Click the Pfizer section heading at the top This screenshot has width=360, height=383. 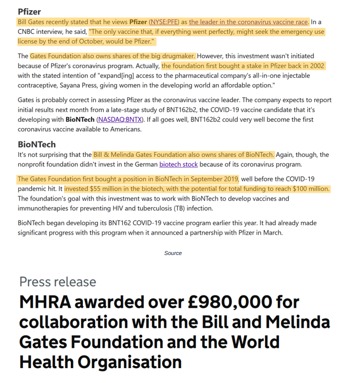[29, 11]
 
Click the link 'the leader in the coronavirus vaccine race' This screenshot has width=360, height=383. [248, 22]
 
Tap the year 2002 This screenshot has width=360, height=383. [316, 66]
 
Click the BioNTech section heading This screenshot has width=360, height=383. [37, 144]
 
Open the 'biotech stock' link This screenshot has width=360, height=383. [179, 164]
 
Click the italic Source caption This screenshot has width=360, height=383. [173, 253]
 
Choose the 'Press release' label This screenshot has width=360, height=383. [58, 282]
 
